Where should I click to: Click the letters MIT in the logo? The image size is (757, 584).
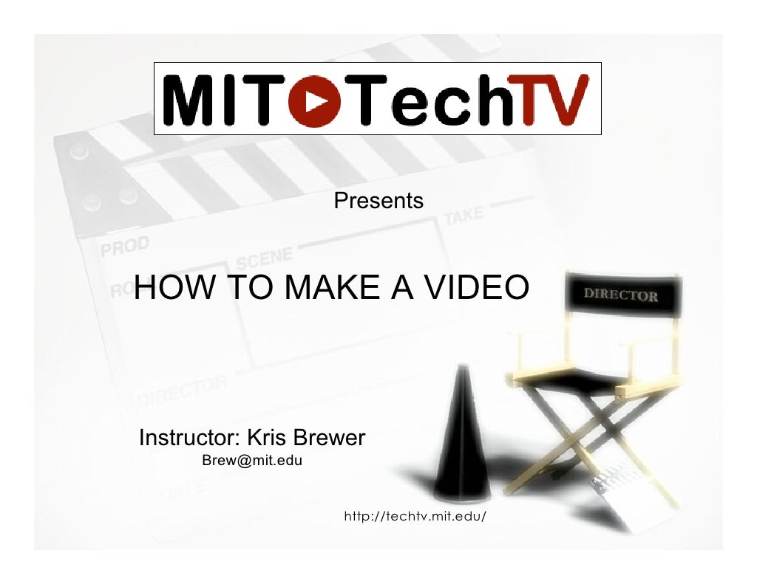[x=224, y=100]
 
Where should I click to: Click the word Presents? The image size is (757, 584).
[x=378, y=201]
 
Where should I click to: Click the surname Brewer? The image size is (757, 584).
[x=329, y=439]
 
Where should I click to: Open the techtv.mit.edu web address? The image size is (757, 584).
[x=415, y=515]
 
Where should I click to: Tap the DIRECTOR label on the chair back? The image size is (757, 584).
[x=621, y=296]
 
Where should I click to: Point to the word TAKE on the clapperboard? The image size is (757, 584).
[x=464, y=216]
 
